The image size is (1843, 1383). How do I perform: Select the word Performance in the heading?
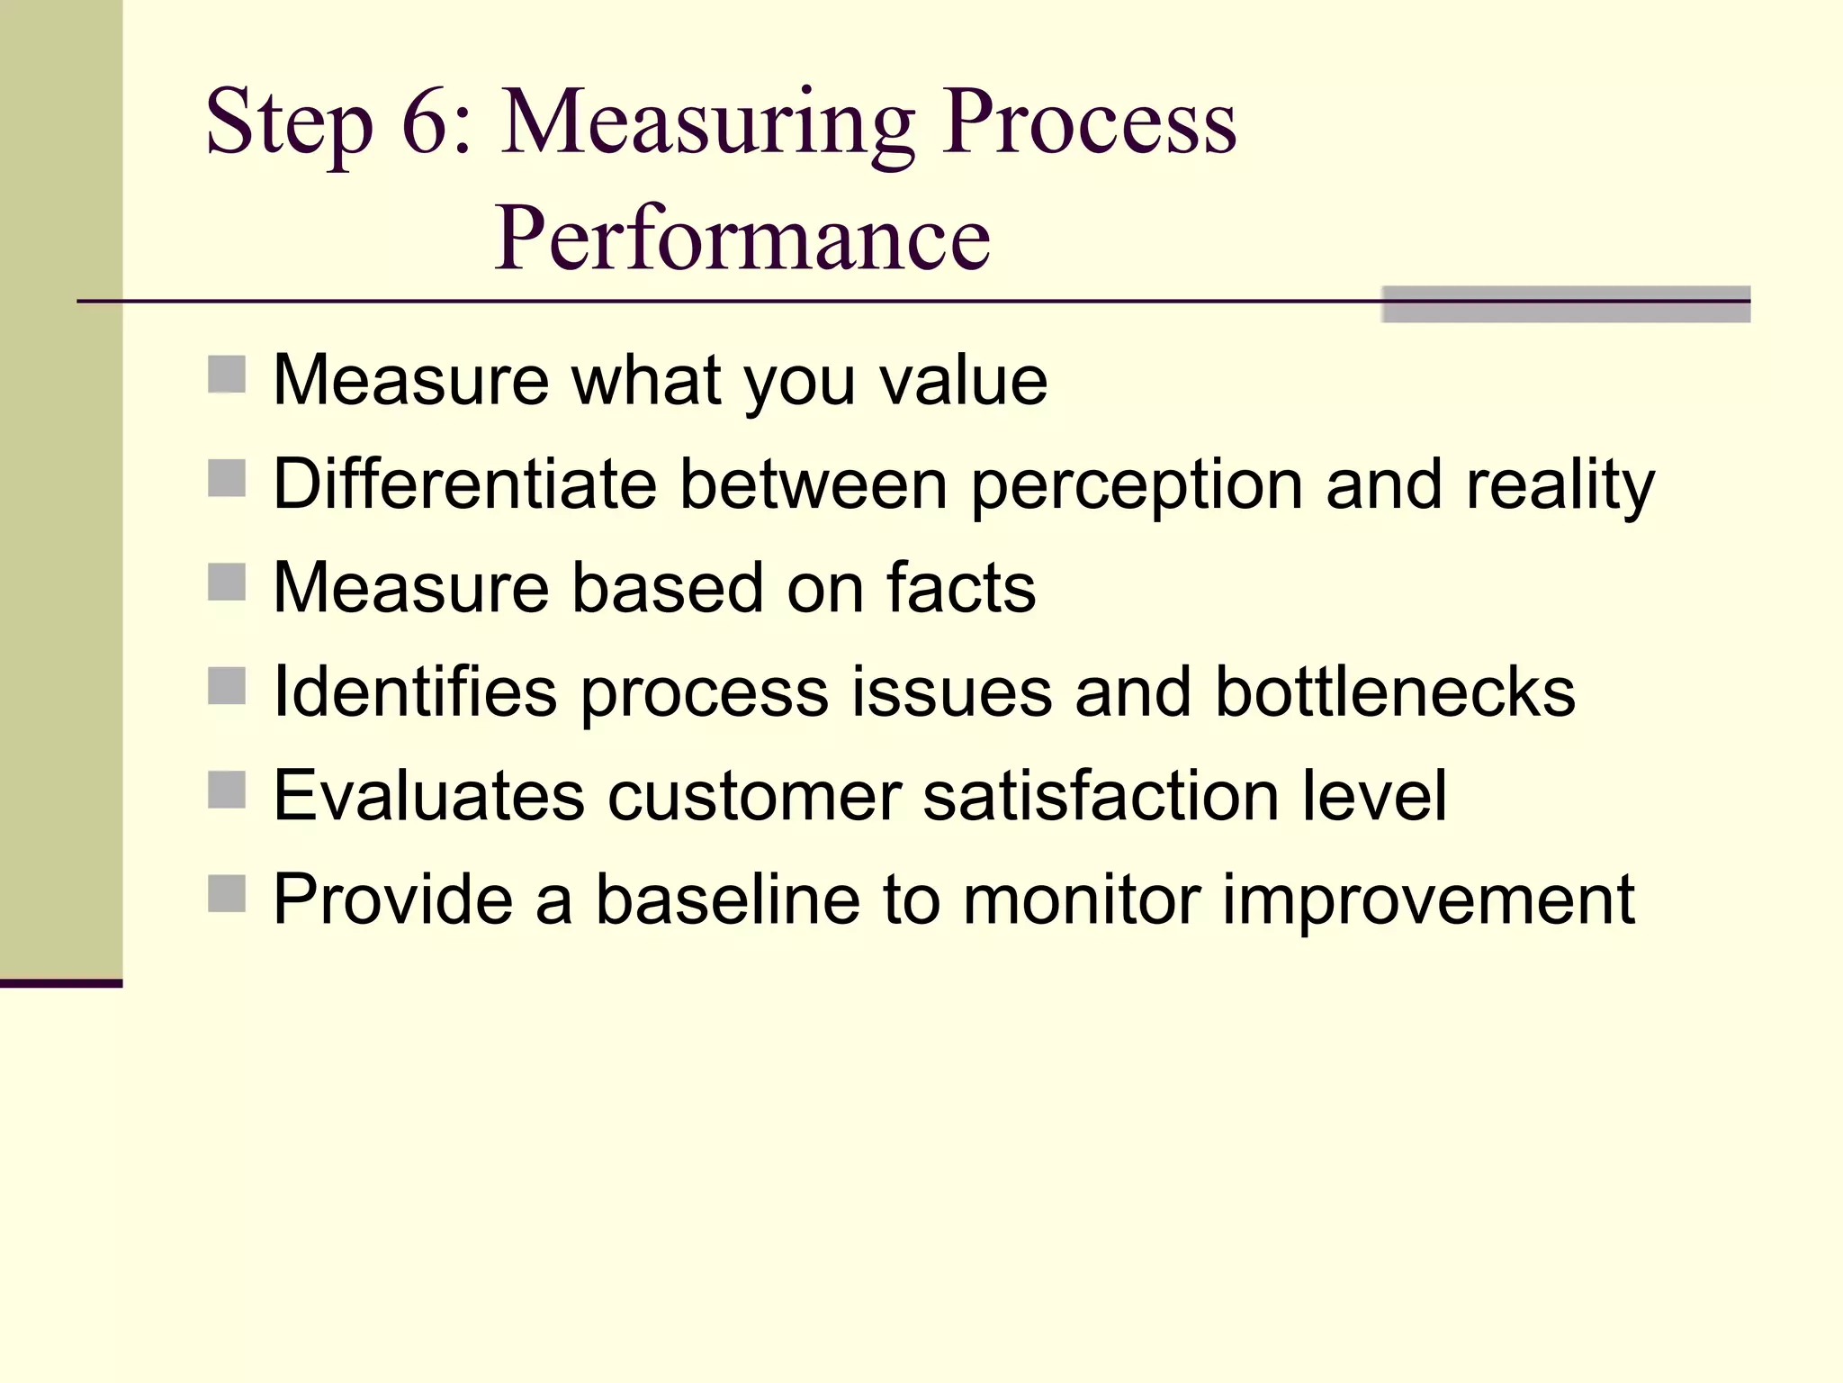742,237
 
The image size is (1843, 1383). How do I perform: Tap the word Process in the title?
1090,122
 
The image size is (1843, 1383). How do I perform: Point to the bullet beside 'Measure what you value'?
227,375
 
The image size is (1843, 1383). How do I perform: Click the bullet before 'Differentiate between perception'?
227,479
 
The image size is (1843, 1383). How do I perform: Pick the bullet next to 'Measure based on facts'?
227,583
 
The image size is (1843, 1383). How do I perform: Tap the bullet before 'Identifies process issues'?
227,686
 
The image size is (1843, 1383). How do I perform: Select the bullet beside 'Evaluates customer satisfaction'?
227,791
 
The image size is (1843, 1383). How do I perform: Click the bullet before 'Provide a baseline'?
227,894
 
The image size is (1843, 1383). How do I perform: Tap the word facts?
960,588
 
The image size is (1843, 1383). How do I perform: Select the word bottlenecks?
1395,691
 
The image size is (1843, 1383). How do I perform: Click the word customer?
754,796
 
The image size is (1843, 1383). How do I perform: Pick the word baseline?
727,899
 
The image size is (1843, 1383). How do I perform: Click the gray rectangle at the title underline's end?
1566,304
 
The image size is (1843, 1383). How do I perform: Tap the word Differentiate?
464,484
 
